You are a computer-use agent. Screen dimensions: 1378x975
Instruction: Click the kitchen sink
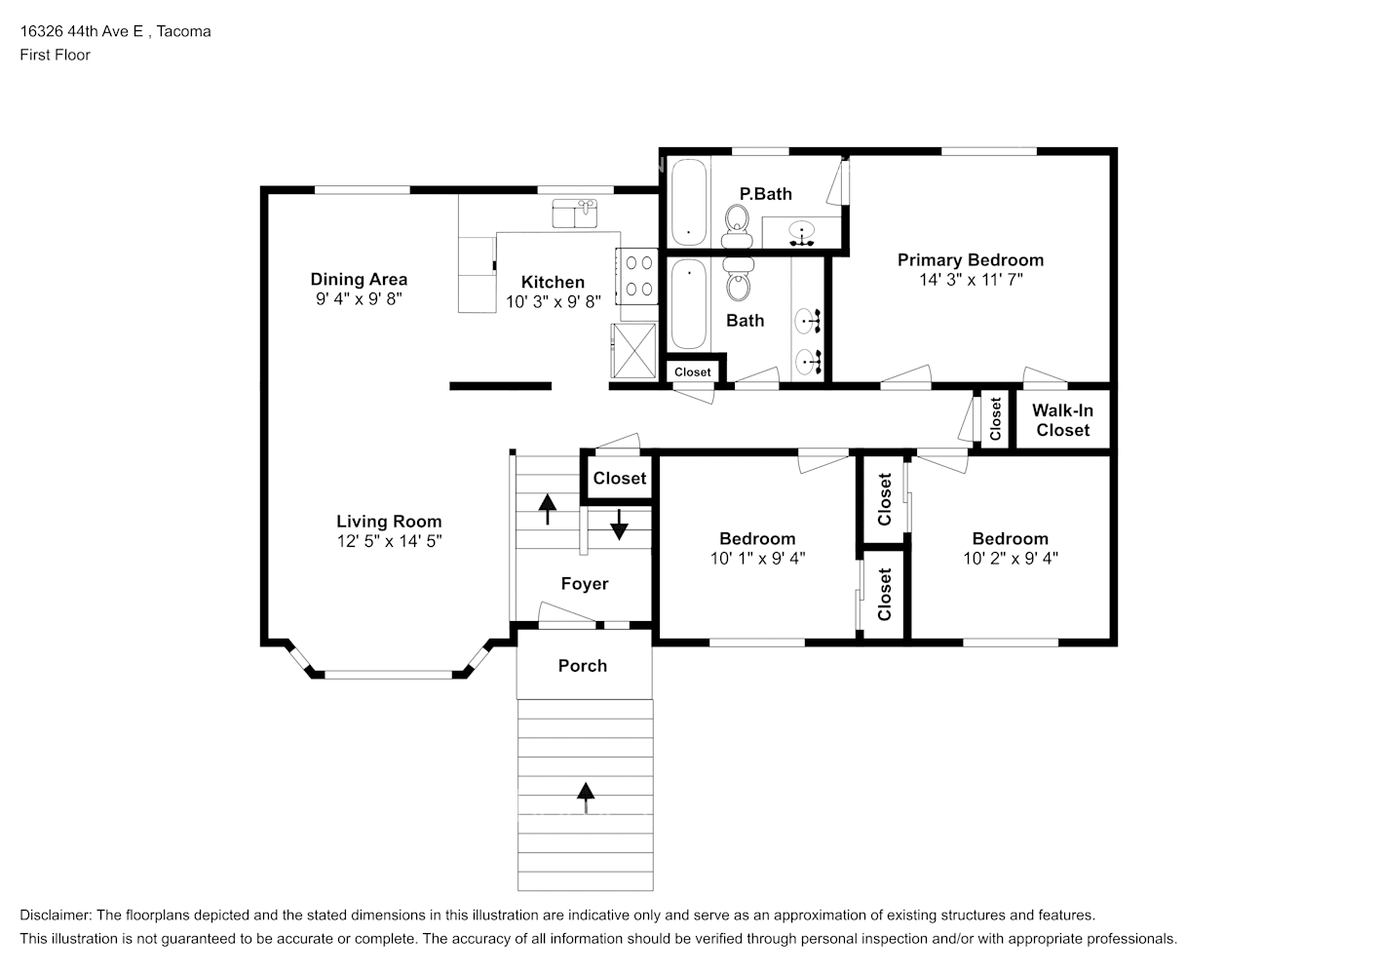[575, 214]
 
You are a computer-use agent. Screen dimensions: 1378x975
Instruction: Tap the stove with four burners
[637, 276]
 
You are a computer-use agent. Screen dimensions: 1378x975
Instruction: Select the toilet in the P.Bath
[737, 226]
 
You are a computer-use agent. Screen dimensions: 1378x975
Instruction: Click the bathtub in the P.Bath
[689, 202]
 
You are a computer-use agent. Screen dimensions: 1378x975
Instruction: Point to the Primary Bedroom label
[970, 260]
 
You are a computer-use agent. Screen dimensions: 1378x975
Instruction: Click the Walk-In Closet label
[1062, 420]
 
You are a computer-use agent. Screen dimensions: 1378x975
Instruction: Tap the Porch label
[583, 665]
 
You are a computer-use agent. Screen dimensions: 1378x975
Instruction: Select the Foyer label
[585, 583]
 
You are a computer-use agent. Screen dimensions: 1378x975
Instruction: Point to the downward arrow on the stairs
[619, 525]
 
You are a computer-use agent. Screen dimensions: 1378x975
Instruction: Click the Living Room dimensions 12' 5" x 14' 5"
[389, 541]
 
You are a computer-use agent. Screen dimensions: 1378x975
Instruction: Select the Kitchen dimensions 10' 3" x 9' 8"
[553, 301]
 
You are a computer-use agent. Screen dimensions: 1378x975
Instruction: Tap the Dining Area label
[359, 280]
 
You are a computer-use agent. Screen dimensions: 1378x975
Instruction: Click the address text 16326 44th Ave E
[82, 31]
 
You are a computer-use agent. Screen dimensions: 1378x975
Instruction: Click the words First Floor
[55, 55]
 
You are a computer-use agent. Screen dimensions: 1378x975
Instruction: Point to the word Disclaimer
[56, 916]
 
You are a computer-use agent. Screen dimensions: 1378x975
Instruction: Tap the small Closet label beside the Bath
[692, 371]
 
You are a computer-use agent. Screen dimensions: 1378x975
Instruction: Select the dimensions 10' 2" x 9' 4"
[1011, 559]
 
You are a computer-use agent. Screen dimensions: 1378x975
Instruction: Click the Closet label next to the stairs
[620, 479]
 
